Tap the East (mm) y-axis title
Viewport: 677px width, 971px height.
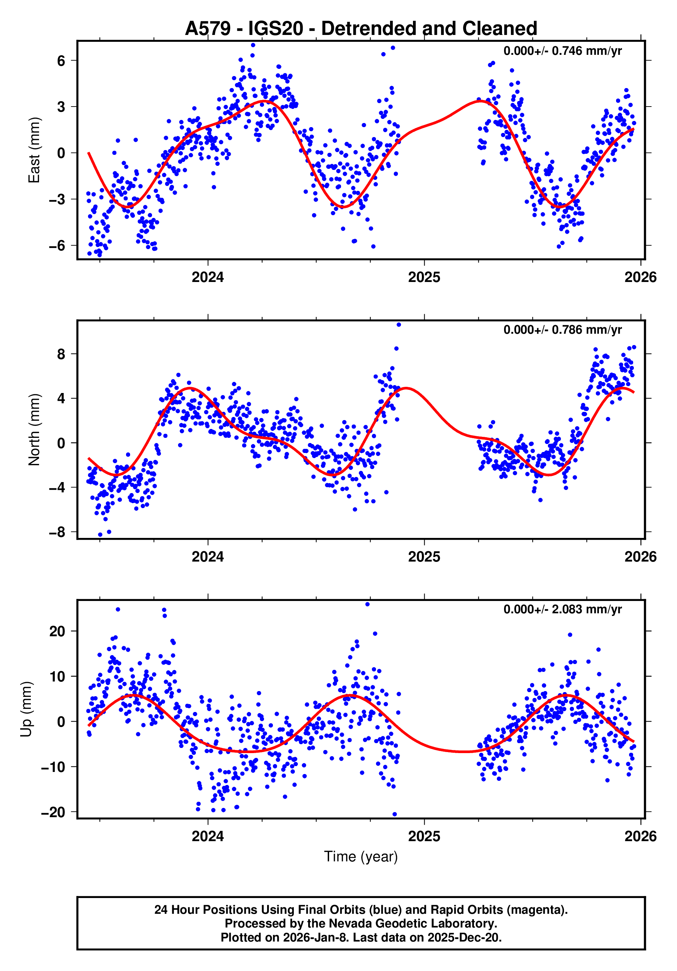34,150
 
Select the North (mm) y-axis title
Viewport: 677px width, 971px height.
34,430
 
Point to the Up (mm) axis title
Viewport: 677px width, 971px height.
26,709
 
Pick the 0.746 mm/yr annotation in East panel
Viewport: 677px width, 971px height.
562,51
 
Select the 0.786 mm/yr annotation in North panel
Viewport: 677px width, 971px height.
562,330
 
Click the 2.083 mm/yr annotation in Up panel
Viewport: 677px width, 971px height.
562,610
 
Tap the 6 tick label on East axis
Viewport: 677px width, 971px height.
61,61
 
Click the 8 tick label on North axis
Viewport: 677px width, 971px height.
61,354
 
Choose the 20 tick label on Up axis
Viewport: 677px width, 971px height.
57,631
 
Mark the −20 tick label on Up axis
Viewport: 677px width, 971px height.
53,812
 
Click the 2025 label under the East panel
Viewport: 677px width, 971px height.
424,278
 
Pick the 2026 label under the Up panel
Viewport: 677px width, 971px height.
640,836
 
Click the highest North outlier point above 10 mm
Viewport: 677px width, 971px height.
399,325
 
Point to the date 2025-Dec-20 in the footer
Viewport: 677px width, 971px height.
464,937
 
